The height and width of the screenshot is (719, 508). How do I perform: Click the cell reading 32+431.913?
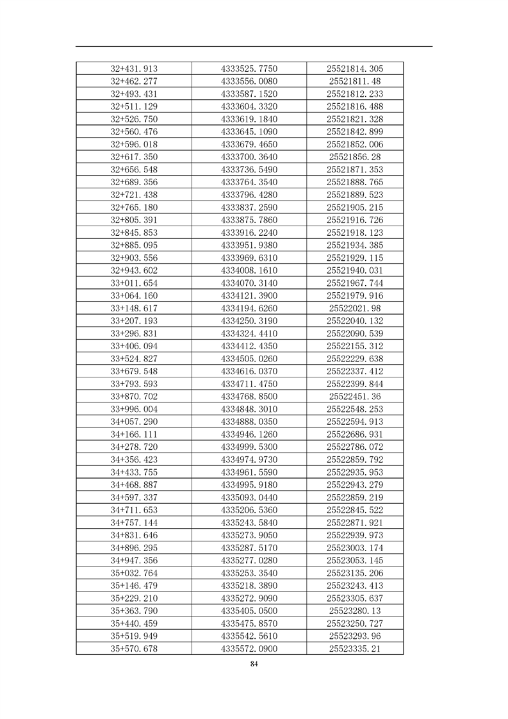134,69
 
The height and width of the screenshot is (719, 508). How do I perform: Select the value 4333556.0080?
249,81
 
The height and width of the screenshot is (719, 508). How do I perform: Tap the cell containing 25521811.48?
355,81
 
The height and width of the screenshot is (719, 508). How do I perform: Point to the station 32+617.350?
134,157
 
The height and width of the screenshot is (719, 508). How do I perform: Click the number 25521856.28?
355,157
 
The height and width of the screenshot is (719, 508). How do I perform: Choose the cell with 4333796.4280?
249,195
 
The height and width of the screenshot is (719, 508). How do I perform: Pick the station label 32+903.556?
134,258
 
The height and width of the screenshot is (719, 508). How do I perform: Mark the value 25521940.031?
355,270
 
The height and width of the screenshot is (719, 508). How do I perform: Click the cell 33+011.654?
134,283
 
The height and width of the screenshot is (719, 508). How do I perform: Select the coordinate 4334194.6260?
249,308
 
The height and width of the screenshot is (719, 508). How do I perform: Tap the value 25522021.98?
355,308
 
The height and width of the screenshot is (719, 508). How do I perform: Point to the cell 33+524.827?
134,359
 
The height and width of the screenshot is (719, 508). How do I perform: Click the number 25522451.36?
355,397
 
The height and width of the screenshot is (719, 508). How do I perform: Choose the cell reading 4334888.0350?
249,422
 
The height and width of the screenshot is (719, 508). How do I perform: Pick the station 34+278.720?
134,447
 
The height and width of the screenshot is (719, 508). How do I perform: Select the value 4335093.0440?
249,497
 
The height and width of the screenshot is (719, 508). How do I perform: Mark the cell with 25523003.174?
355,548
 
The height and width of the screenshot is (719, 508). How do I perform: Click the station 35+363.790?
134,611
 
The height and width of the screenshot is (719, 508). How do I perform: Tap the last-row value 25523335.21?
355,649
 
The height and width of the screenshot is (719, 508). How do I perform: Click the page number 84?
254,665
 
